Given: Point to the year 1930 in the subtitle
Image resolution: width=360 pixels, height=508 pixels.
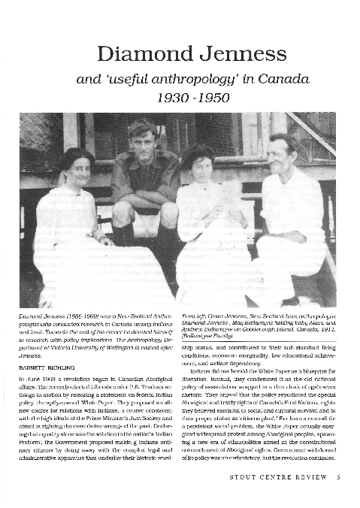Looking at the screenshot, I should (x=160, y=98).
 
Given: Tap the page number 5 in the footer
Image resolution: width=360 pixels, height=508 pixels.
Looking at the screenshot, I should (x=340, y=497).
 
